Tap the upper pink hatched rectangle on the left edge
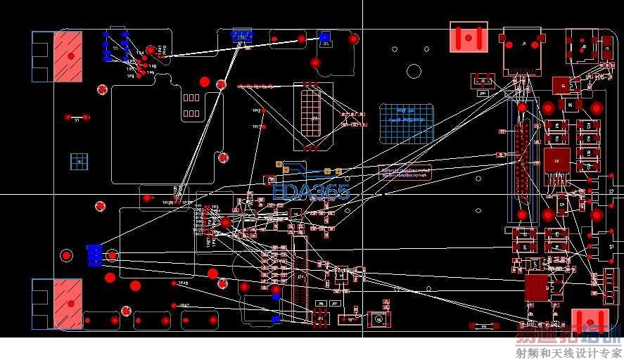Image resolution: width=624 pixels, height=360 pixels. [68, 56]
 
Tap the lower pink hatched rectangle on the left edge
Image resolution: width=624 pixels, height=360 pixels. [68, 304]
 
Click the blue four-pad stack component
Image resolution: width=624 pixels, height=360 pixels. [94, 255]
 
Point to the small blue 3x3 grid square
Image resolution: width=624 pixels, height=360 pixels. [79, 160]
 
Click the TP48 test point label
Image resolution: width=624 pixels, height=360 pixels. [182, 283]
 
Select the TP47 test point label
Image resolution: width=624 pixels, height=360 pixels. [184, 305]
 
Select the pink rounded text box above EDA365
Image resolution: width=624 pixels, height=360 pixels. [405, 173]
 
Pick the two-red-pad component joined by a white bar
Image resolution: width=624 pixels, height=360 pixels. [77, 117]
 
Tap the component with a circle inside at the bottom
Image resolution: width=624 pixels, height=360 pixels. [378, 319]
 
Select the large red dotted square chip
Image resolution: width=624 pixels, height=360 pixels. [536, 287]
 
